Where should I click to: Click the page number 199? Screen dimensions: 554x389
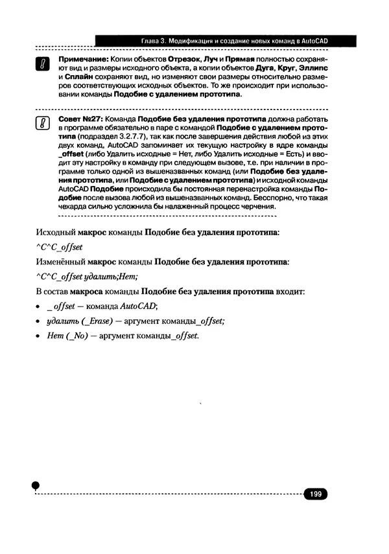316,494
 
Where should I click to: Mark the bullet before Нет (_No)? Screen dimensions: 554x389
38,336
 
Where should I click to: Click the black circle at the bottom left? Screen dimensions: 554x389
36,485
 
